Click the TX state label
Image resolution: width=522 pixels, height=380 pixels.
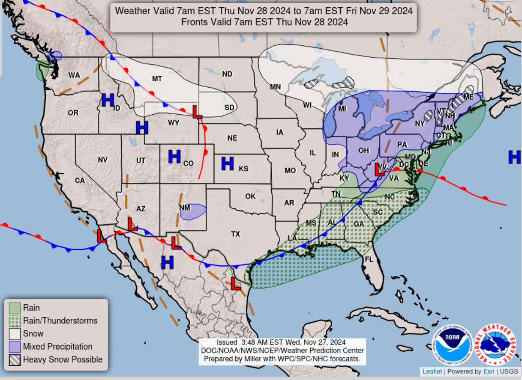[236, 234]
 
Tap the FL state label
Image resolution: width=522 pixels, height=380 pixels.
[369, 259]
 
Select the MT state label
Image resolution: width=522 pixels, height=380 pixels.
[157, 79]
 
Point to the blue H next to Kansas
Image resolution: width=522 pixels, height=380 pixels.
[227, 163]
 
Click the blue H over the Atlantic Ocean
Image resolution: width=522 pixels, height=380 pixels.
[514, 157]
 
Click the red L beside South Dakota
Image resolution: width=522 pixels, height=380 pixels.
[197, 112]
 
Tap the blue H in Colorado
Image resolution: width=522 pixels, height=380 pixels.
[174, 157]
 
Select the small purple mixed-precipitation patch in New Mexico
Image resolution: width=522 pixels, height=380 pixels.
[193, 211]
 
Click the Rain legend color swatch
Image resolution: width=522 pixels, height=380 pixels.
[15, 308]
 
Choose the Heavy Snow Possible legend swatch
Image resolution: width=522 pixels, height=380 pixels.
[15, 360]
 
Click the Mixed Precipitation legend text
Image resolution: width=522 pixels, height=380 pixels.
[57, 347]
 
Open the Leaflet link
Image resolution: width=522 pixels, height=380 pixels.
[432, 371]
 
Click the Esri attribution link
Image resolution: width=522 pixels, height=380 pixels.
[488, 371]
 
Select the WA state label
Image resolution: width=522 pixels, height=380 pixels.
[74, 75]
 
